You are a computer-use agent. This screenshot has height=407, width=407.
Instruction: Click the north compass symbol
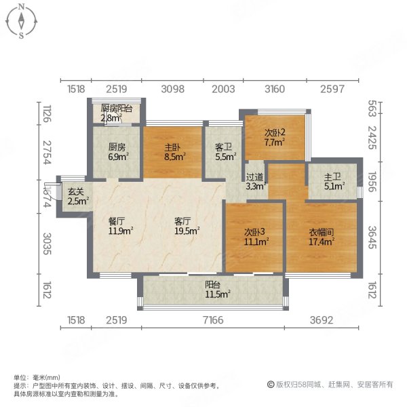point(22,21)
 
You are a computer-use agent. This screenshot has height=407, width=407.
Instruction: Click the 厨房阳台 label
point(115,113)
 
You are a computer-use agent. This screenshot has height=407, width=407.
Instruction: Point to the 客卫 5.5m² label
point(225,151)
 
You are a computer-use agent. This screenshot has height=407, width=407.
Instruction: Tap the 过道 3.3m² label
point(255,179)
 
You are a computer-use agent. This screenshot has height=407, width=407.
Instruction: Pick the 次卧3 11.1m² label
point(257,235)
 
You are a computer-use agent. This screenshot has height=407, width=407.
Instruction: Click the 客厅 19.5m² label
point(187,226)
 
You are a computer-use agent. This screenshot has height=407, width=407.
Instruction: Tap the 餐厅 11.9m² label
point(120,226)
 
